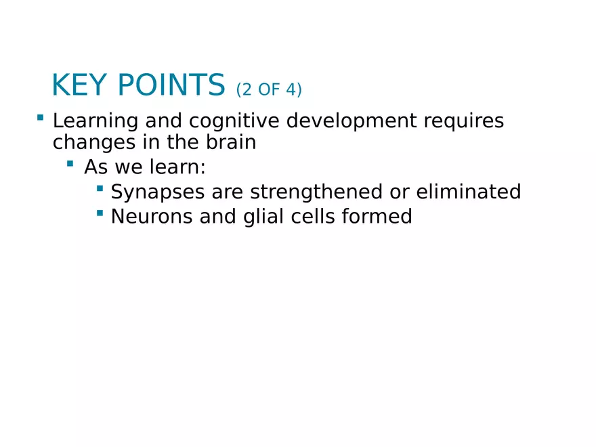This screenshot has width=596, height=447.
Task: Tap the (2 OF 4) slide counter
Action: coord(269,89)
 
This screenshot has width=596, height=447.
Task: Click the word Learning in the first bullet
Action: coord(95,121)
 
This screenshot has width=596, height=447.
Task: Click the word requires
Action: coord(464,121)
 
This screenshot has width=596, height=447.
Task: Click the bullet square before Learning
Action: coord(40,118)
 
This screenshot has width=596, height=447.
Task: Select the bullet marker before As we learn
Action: coord(70,163)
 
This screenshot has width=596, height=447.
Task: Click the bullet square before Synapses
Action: coord(100,188)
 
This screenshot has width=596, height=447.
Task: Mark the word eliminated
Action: coord(469,192)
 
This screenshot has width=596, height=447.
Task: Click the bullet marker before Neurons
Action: coord(100,213)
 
